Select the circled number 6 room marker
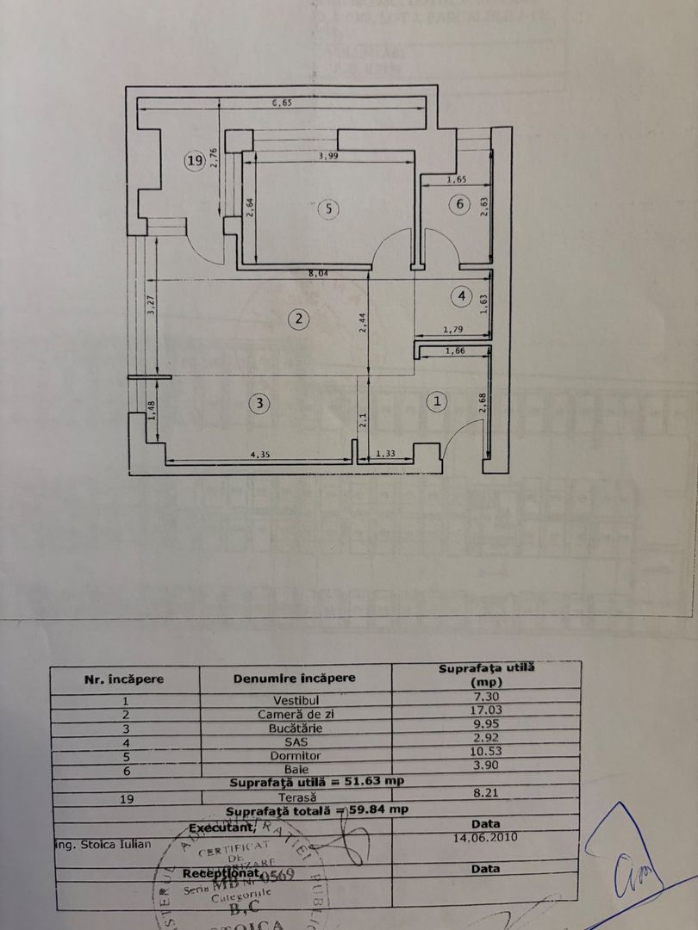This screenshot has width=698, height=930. pos(459,204)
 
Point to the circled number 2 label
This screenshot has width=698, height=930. pos(298,319)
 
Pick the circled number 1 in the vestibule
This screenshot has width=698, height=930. pos(438,400)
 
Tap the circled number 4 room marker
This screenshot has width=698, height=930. pos(463,296)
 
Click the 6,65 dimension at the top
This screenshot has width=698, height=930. pos(282,103)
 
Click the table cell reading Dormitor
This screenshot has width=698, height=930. pos(295,755)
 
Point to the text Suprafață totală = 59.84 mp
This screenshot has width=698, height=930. pos(316,810)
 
